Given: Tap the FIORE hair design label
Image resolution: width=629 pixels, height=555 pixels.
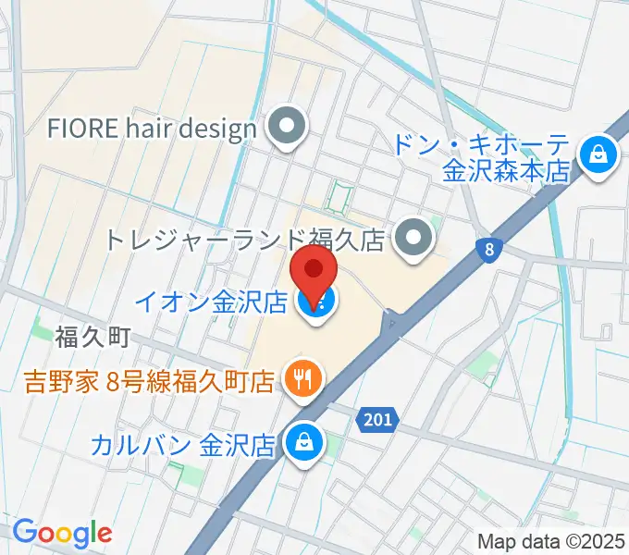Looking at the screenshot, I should click(153, 128).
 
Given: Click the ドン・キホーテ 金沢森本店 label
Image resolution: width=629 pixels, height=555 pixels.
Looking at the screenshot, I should click(479, 157).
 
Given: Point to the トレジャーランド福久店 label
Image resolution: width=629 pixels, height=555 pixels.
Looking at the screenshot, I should click(244, 240).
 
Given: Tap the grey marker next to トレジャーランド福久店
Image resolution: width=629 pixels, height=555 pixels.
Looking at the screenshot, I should click(413, 240).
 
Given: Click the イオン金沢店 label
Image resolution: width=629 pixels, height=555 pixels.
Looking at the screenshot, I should click(212, 302).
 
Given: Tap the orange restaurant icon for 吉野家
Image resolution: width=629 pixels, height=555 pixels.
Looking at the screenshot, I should click(302, 378).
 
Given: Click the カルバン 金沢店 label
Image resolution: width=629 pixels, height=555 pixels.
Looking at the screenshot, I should click(183, 445).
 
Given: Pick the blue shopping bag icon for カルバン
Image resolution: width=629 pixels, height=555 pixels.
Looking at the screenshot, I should click(302, 444).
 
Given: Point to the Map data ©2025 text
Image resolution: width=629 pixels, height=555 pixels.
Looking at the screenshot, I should click(551, 541).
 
